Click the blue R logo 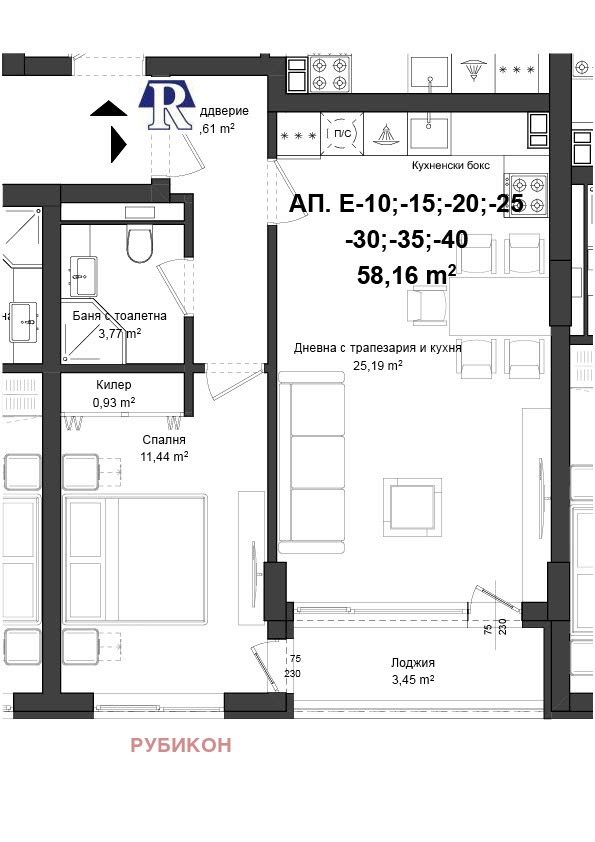pyautogui.click(x=167, y=105)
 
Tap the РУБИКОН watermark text pyautogui.click(x=181, y=745)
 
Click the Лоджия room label pyautogui.click(x=413, y=662)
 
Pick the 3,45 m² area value pyautogui.click(x=413, y=679)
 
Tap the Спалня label pyautogui.click(x=164, y=439)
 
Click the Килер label pyautogui.click(x=113, y=385)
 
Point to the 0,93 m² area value pyautogui.click(x=113, y=402)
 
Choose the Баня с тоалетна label pyautogui.click(x=119, y=316)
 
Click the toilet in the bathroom pyautogui.click(x=139, y=243)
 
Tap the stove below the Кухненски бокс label pyautogui.click(x=527, y=194)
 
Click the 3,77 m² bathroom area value pyautogui.click(x=119, y=333)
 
